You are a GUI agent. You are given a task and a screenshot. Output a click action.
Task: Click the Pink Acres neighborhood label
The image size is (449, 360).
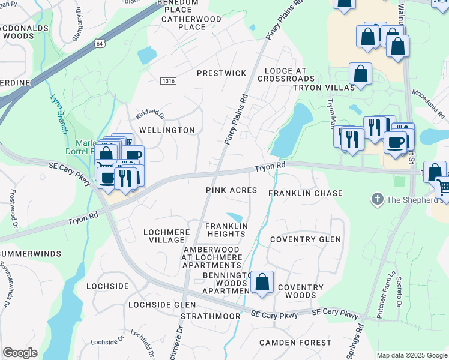pyautogui.click(x=231, y=190)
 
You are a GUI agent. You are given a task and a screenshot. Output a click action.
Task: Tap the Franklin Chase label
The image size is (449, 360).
pyautogui.click(x=306, y=193)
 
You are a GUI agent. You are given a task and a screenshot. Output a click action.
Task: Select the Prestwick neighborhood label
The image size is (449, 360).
pyautogui.click(x=222, y=73)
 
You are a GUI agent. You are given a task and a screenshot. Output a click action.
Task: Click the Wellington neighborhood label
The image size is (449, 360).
pyautogui.click(x=167, y=130)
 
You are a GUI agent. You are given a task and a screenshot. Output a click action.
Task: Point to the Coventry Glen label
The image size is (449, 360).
pyautogui.click(x=306, y=239)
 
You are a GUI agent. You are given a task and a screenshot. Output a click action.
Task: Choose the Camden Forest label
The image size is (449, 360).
pyautogui.click(x=295, y=343)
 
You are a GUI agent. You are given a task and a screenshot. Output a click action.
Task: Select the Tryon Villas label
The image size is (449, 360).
pyautogui.click(x=321, y=88)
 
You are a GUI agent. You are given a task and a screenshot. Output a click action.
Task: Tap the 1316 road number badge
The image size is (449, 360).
pyautogui.click(x=169, y=81)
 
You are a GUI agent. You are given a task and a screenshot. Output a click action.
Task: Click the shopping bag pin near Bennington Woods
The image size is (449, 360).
pyautogui.click(x=262, y=283)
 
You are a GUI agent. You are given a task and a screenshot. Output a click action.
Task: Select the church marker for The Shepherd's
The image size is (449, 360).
pyautogui.click(x=377, y=199)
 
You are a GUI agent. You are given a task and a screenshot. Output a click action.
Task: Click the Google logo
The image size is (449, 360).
pyautogui.click(x=20, y=353)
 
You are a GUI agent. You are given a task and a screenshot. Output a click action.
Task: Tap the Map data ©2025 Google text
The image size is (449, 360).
pyautogui.click(x=412, y=355)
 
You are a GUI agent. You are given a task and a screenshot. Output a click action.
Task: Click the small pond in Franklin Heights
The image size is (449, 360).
pyautogui.click(x=235, y=217)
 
